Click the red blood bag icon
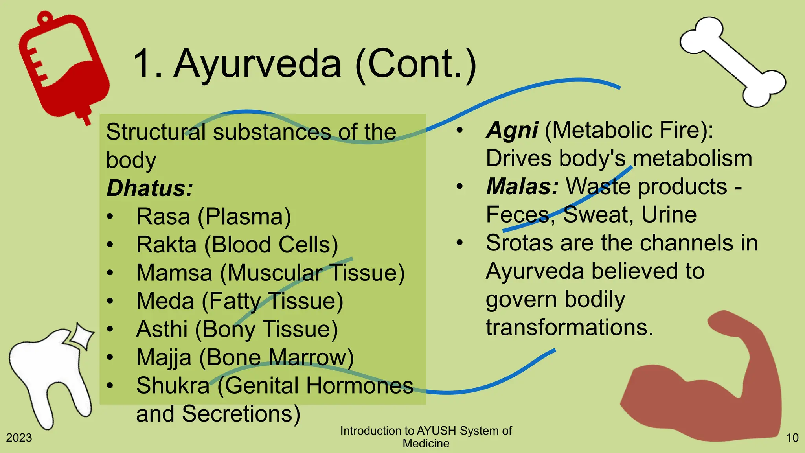63,67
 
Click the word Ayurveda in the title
257,64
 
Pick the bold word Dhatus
149,188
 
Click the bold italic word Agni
512,130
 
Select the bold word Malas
522,186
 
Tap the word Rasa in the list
163,216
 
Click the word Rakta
166,245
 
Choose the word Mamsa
174,273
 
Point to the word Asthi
162,329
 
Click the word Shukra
173,385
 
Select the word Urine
669,215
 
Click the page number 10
792,438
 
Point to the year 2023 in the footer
19,438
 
